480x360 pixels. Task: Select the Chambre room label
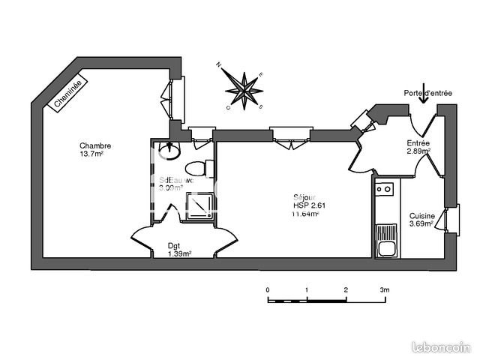95,145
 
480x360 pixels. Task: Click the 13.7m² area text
92,154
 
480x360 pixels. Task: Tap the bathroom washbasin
171,151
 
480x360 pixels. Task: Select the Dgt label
173,244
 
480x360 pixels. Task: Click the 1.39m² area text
179,253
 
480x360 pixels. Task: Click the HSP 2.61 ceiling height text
309,205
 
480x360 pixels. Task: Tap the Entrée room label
418,143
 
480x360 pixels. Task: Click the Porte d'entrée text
427,93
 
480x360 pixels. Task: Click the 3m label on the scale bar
384,289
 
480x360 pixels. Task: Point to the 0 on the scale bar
268,289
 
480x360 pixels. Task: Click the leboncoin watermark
442,347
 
